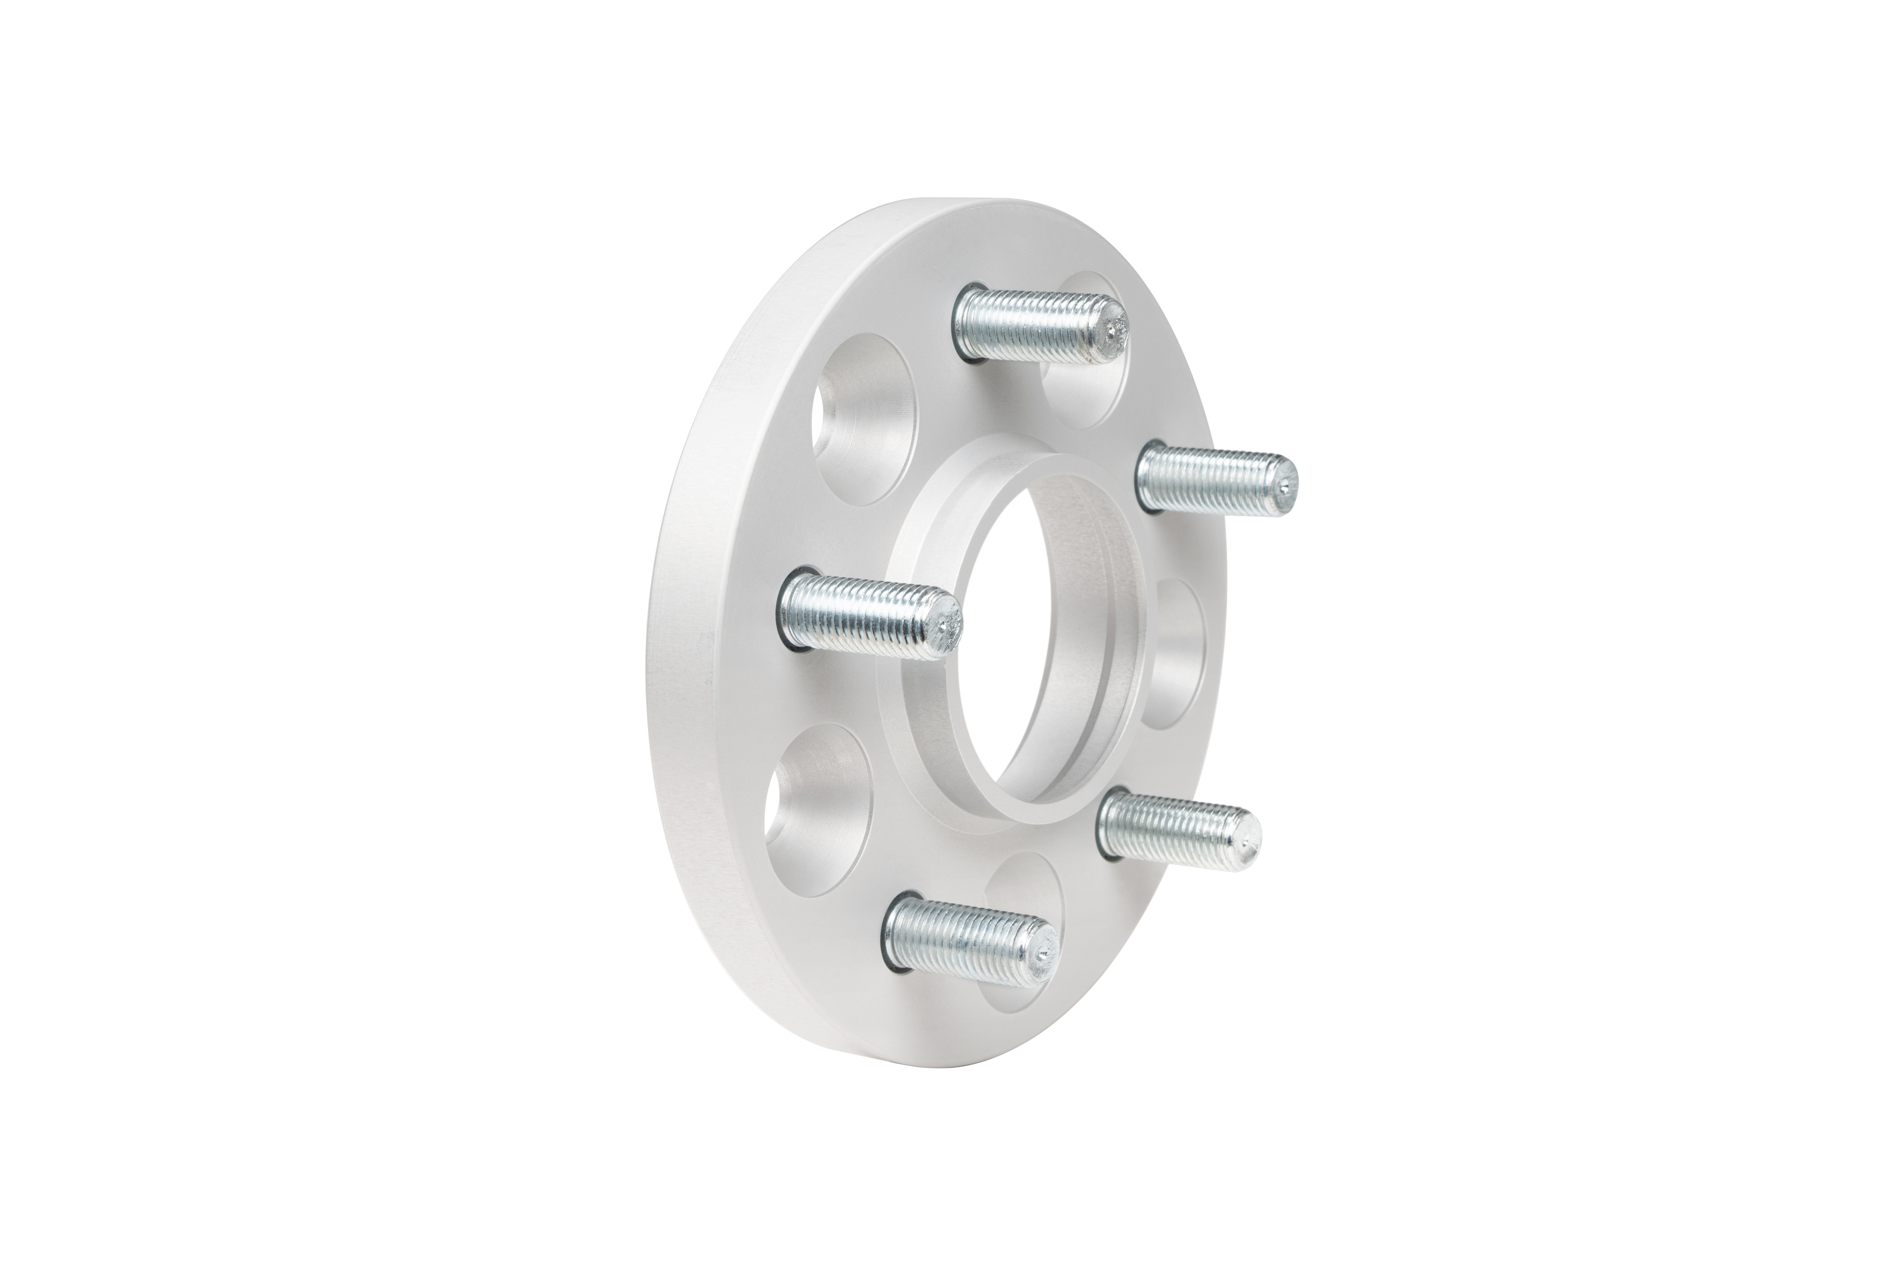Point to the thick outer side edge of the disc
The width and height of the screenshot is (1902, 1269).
(x=696, y=647)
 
